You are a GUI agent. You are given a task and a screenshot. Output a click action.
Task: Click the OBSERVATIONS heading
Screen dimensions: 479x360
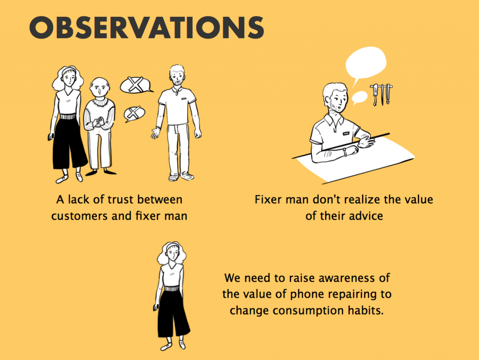146,28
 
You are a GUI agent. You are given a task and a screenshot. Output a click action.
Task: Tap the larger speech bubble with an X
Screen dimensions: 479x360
136,85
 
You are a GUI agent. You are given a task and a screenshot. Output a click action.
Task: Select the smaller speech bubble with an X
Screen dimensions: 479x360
134,114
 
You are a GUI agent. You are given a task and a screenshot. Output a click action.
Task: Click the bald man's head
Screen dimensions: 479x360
100,88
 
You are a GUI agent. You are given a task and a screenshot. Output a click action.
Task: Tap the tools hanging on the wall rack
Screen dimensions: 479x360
381,95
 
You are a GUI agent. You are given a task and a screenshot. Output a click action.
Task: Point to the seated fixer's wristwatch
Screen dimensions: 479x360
345,152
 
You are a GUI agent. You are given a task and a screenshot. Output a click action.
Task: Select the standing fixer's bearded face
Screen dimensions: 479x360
177,77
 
